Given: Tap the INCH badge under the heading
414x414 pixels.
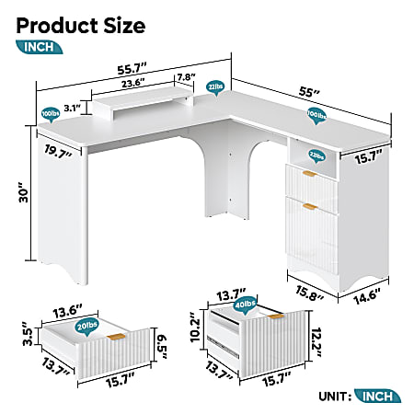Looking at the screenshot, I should (40, 48).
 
